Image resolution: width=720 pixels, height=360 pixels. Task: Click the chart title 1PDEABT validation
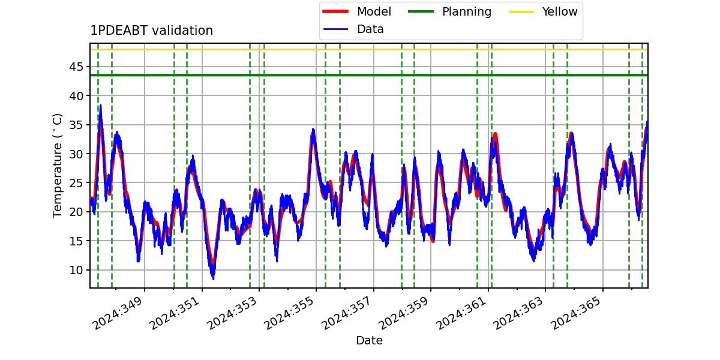tap(151, 31)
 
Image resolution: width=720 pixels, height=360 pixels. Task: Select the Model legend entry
tap(357, 11)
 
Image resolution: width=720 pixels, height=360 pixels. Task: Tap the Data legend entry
tap(353, 29)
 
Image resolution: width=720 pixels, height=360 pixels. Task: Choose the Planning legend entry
tap(449, 11)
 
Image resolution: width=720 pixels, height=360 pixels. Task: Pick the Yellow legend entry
tap(543, 11)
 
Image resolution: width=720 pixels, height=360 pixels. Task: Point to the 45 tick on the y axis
tap(76, 67)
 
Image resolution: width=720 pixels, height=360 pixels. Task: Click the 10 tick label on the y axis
tap(76, 271)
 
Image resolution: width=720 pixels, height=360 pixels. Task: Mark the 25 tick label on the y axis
tap(76, 183)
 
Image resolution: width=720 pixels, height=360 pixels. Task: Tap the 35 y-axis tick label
tap(76, 125)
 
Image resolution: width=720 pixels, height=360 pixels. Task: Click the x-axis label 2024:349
tap(118, 313)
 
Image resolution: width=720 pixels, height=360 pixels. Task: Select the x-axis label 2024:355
tap(289, 313)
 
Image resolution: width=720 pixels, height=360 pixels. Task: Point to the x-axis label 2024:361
tap(461, 313)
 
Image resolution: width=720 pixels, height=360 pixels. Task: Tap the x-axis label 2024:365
tap(576, 313)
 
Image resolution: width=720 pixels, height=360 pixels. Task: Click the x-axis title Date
tap(370, 340)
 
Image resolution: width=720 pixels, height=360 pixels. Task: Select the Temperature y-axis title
tap(57, 166)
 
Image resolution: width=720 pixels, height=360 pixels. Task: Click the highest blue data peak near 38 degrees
tap(101, 106)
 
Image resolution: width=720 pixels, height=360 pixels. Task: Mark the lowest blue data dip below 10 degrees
tap(213, 278)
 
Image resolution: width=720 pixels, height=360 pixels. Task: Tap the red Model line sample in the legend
tap(335, 11)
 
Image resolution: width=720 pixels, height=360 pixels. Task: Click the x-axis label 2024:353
tap(232, 313)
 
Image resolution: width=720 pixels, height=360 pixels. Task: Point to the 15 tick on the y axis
tap(76, 241)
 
